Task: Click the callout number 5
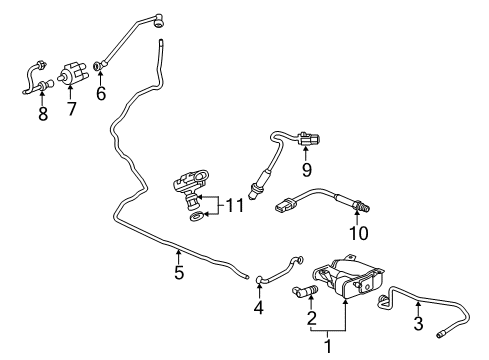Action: (179, 271)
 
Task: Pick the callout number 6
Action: (101, 94)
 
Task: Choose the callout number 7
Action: (70, 107)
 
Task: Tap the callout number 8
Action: (42, 114)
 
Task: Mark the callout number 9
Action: (307, 169)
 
